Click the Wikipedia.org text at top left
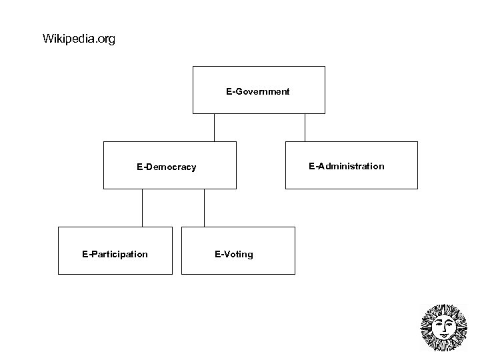(79, 39)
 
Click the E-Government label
(258, 92)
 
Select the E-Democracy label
(167, 167)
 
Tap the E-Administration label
(346, 166)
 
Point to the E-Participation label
(115, 254)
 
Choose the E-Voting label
(234, 254)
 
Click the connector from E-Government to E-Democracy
(214, 127)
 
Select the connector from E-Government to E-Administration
(305, 127)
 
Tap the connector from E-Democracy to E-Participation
(143, 208)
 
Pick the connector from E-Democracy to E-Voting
(204, 208)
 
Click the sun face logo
(444, 327)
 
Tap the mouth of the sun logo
(443, 334)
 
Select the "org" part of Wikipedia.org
(106, 40)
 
